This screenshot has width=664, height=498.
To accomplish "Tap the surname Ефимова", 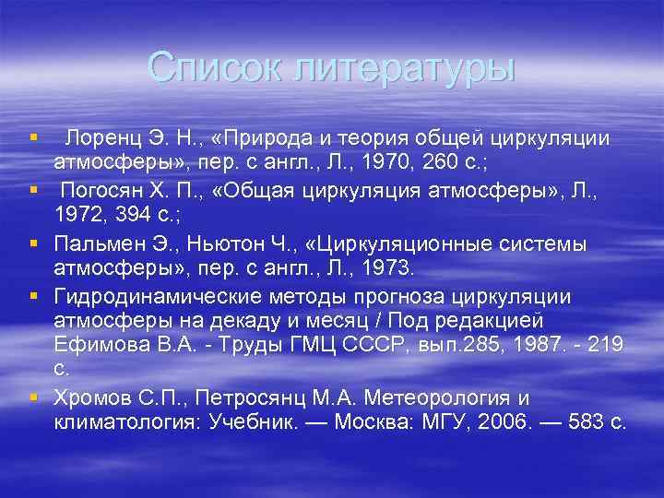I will coord(100,344).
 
